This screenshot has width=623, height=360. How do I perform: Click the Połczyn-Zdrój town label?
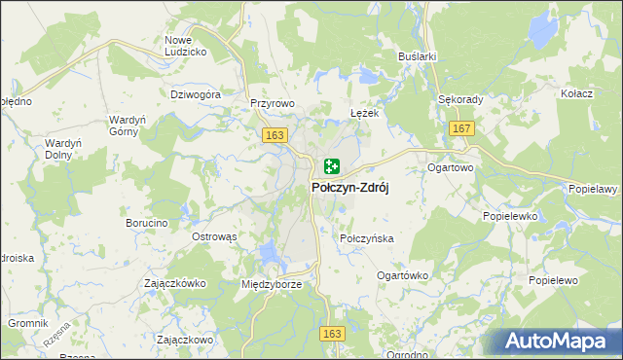pyautogui.click(x=349, y=189)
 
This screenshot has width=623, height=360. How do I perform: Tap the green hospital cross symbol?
pyautogui.click(x=331, y=166)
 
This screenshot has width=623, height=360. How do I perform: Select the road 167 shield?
pyautogui.click(x=461, y=129)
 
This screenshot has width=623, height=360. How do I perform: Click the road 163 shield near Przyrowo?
pyautogui.click(x=274, y=135)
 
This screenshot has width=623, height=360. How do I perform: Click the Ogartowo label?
pyautogui.click(x=450, y=167)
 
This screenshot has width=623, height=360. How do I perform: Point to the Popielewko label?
pyautogui.click(x=509, y=217)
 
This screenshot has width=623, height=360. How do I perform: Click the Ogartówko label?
pyautogui.click(x=402, y=275)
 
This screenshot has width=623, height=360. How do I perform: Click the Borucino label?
pyautogui.click(x=147, y=223)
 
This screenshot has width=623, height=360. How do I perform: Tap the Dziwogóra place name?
pyautogui.click(x=197, y=95)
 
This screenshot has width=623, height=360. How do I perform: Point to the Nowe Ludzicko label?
pyautogui.click(x=185, y=45)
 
